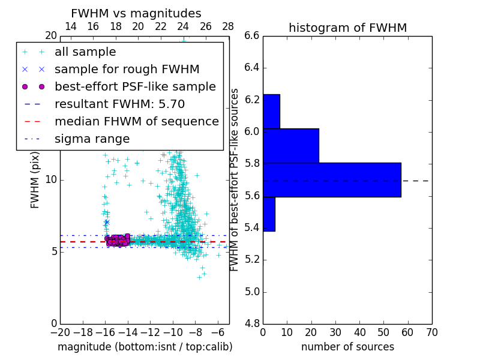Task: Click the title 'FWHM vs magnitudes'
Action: pos(136,13)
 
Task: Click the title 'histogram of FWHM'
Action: pos(347,28)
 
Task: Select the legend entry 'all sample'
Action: pos(85,52)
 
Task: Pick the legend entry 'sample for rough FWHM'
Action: pos(127,70)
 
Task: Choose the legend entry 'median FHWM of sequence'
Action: pos(136,121)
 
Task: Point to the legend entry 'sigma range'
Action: pos(92,139)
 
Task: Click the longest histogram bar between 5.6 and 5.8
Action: pos(332,180)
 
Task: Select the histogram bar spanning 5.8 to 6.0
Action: pos(291,146)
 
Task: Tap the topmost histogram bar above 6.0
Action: pos(271,111)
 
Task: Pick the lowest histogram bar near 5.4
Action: pos(269,214)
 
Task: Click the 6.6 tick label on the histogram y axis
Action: pos(252,35)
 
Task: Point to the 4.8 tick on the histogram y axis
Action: pos(252,324)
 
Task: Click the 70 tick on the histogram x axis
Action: pos(431,332)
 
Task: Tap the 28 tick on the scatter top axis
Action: pos(228,26)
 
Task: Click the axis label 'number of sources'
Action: pos(347,347)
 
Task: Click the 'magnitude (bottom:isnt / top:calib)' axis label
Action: pos(145,347)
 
